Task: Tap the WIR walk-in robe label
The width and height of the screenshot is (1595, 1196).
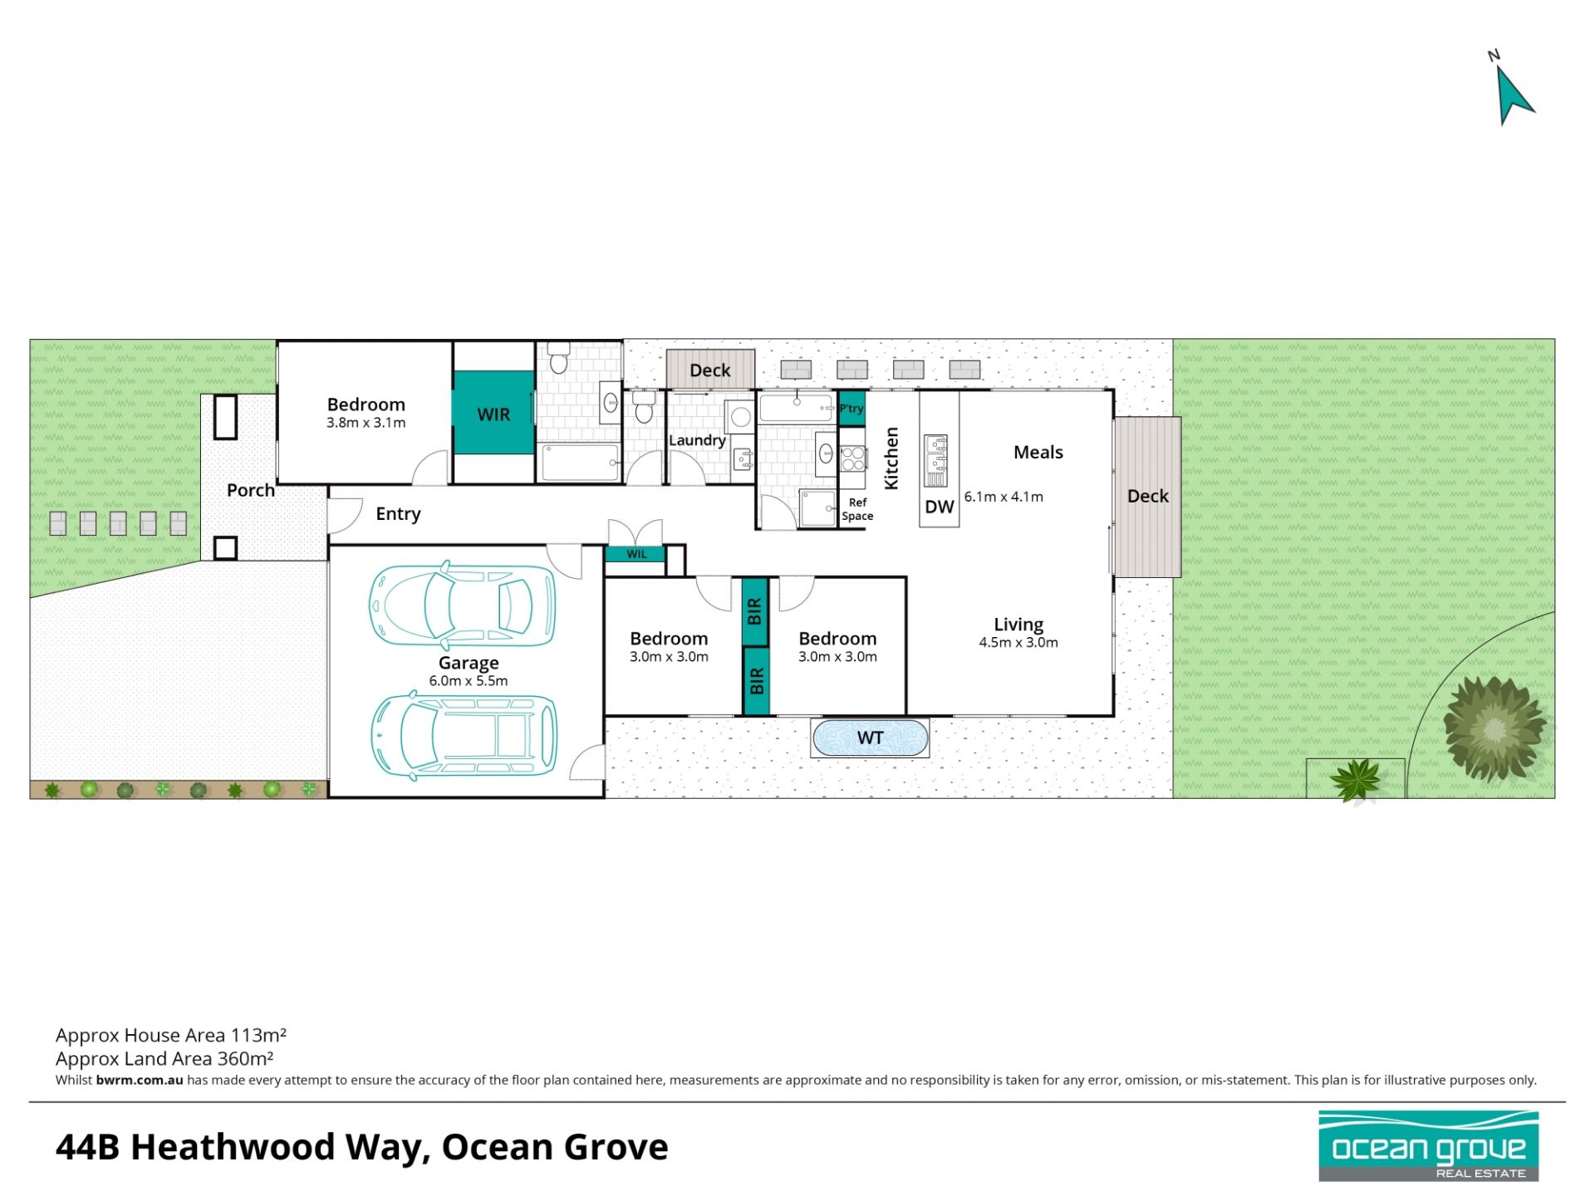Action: (x=493, y=414)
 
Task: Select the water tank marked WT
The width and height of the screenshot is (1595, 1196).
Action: (x=870, y=738)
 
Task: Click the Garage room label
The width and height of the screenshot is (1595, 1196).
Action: (x=469, y=663)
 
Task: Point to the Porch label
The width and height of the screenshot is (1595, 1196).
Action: (x=251, y=490)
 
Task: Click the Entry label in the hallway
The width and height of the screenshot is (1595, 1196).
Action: (x=398, y=514)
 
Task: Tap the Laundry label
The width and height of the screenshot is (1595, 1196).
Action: (x=697, y=440)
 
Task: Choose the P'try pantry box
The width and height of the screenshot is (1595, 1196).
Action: (x=851, y=409)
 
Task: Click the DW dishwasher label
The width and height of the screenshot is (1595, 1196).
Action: (x=940, y=507)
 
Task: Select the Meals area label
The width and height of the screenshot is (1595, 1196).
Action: (x=1038, y=453)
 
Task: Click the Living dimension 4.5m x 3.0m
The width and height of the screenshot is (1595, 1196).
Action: (x=1018, y=642)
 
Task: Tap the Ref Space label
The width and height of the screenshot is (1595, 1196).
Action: (x=857, y=509)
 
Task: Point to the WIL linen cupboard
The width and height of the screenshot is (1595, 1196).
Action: (x=636, y=554)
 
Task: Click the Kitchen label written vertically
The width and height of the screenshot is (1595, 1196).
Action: (x=891, y=458)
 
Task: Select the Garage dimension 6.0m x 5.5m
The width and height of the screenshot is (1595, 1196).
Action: (x=469, y=681)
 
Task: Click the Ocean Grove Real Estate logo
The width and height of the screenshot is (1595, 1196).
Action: (x=1429, y=1146)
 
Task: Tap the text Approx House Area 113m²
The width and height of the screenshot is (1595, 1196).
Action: (x=171, y=1035)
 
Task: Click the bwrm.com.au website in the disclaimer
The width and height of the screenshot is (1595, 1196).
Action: (x=140, y=1081)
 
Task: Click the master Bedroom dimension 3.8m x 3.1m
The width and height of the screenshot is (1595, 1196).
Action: (x=366, y=423)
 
